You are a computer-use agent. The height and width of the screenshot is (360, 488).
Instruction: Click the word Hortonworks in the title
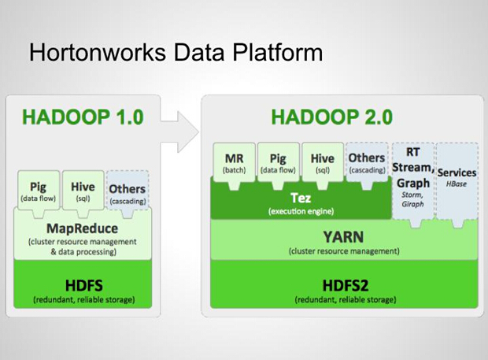97,52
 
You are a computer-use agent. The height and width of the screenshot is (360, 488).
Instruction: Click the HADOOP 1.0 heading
83,117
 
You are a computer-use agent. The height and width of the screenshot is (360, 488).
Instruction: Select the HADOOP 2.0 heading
332,117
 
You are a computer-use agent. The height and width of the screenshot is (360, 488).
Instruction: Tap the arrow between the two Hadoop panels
179,132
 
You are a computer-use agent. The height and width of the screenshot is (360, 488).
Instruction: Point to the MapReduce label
83,228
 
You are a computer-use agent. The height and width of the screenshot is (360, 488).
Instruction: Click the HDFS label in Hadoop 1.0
84,285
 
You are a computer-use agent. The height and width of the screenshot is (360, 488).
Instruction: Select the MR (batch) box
234,165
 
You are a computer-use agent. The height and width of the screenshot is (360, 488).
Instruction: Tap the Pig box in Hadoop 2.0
278,165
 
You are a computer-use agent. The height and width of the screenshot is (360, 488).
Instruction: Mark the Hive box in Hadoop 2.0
323,165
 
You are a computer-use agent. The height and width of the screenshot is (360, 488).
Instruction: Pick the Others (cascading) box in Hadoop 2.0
367,165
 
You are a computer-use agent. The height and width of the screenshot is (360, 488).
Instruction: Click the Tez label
301,198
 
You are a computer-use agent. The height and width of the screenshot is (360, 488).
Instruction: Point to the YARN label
343,237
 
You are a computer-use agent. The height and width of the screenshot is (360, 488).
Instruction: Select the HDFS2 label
346,285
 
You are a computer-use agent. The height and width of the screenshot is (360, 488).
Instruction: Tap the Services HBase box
457,184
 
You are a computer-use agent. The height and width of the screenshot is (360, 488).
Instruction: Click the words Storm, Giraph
412,199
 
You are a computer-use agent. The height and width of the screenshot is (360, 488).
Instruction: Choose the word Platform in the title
278,52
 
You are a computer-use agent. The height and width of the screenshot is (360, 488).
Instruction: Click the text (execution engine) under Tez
301,211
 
